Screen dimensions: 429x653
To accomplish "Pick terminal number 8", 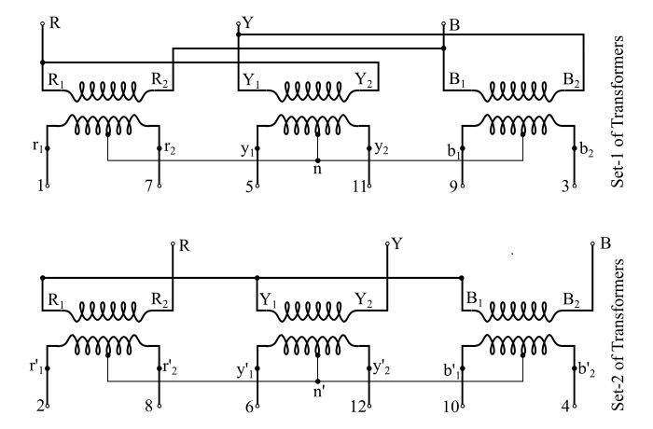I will pos(150,408).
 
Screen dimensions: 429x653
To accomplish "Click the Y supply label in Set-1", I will pos(246,19).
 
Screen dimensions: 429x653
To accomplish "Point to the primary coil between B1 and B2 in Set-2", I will pos(527,311).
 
